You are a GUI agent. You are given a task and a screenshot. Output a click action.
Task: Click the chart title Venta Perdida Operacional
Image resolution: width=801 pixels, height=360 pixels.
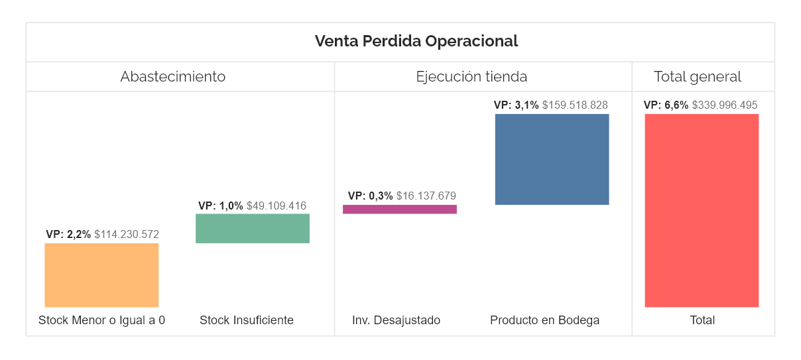pos(416,41)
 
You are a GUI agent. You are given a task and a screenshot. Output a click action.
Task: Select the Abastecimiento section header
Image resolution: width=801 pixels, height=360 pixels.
pos(172,76)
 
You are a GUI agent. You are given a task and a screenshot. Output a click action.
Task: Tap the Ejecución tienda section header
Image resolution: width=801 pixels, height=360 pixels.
pos(471,76)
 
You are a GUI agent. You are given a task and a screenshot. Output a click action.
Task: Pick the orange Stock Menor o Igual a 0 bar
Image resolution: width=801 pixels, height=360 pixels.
pos(101,274)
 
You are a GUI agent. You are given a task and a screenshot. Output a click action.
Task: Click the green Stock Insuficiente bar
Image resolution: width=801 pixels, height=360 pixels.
pos(252,228)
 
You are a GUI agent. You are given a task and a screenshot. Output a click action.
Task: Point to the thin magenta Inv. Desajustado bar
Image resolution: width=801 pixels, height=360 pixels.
pos(399,209)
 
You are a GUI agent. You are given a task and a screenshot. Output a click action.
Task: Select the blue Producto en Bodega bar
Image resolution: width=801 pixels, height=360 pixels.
pos(552,159)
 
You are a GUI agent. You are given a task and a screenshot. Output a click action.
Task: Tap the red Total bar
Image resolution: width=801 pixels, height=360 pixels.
pos(702,210)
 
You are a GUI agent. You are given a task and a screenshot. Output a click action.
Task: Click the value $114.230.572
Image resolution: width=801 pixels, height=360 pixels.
pos(127,234)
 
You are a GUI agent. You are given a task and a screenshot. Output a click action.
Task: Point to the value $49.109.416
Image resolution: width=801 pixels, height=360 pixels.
pos(277,206)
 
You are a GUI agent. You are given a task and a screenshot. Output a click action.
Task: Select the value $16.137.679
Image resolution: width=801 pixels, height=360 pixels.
pos(426,196)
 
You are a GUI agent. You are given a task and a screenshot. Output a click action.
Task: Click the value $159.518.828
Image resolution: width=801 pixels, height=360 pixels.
pos(575,105)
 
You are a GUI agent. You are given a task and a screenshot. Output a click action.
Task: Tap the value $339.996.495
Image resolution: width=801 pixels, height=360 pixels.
pos(725,105)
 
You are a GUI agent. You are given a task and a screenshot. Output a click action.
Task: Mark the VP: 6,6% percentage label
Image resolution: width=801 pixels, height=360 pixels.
pos(666,105)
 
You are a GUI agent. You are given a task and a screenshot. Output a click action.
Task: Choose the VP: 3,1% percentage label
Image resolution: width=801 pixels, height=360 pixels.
pos(517,105)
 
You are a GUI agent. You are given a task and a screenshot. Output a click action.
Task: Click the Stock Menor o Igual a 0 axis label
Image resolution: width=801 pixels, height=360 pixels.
pos(101,320)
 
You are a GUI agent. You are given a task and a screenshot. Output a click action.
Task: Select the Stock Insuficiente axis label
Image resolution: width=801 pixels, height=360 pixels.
pos(247,320)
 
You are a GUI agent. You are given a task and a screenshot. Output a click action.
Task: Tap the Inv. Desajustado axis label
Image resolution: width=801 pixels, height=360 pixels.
pos(396,320)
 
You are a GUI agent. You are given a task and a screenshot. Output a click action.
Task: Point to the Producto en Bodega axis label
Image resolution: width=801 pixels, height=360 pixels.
pos(544,320)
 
